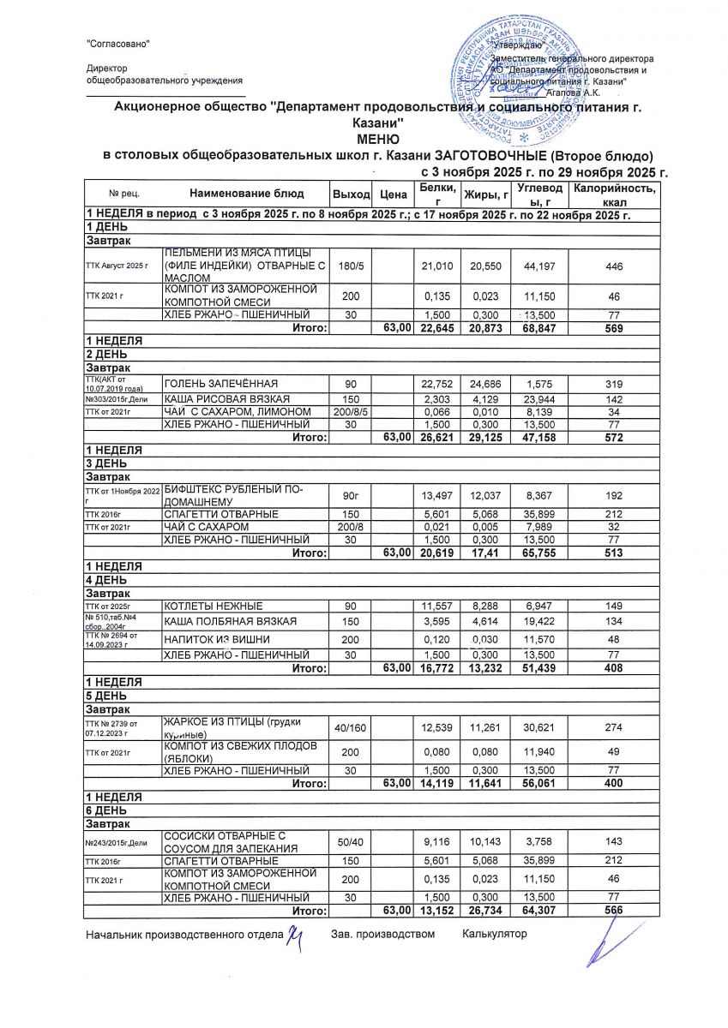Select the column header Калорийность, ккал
click(616, 194)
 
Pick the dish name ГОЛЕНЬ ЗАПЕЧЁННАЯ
click(220, 382)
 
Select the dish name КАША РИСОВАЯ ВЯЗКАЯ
click(226, 399)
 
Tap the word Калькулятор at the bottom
click(494, 934)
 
